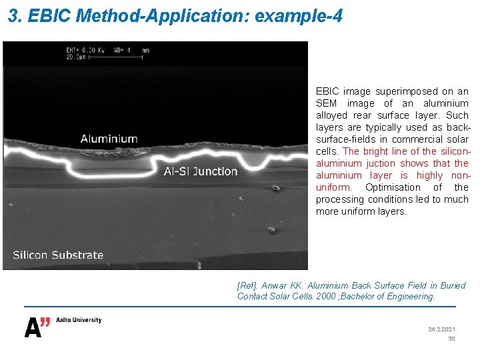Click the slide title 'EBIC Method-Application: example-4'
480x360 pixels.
point(175,16)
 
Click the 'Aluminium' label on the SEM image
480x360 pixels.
point(109,139)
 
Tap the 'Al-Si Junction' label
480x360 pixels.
point(201,171)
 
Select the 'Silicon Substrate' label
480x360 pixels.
point(59,255)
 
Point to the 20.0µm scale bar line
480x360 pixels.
point(117,57)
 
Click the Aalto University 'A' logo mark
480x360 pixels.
point(37,327)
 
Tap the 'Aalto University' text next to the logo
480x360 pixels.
point(77,320)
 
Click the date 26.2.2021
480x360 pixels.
point(441,329)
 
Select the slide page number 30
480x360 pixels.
point(451,339)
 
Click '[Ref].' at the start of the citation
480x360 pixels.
point(247,285)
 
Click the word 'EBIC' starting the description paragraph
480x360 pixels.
point(327,91)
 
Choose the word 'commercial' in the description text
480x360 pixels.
point(407,139)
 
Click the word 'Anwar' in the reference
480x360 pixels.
point(273,285)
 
